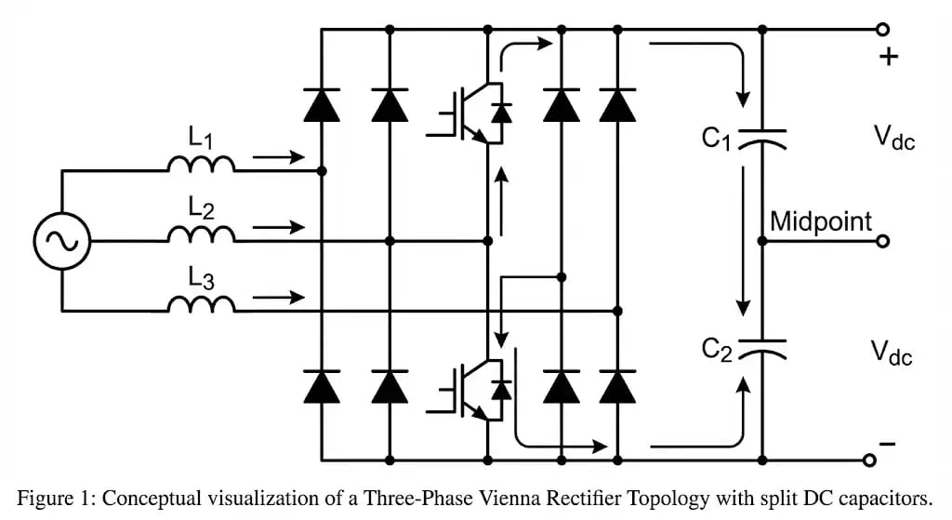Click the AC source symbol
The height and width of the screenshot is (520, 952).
coord(62,241)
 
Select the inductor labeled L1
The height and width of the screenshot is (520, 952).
coord(201,165)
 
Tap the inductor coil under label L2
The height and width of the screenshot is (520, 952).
coord(201,233)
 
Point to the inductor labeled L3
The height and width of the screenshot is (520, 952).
coord(201,302)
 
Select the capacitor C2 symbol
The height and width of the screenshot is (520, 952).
coord(761,348)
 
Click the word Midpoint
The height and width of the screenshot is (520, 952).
coord(821,221)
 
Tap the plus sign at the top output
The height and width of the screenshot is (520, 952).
coord(890,57)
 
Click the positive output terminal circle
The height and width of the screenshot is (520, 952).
coord(882,30)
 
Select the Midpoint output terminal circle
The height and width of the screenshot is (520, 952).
coord(882,241)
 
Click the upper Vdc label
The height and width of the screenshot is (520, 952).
coord(892,140)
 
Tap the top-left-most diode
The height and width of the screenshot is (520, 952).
coord(322,105)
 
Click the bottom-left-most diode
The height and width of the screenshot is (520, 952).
coord(322,386)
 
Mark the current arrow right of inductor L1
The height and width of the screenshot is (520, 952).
coord(279,157)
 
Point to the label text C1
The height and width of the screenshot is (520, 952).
coord(717,139)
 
